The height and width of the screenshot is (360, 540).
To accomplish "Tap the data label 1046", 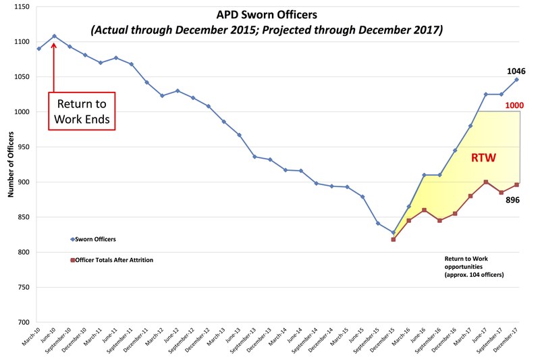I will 516,71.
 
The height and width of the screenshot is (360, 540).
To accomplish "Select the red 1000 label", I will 514,105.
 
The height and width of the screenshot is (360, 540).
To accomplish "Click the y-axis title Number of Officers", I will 11,165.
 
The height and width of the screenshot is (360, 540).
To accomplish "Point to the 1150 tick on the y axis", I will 21,7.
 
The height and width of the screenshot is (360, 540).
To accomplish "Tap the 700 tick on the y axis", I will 24,322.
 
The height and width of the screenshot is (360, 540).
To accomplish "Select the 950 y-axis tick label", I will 24,147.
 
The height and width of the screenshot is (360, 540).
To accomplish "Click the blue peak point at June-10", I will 54,36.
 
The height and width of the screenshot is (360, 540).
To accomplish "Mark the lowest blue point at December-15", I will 393,232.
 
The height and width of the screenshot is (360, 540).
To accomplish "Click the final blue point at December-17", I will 517,80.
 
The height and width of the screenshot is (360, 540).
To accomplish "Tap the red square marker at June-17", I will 486,182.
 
